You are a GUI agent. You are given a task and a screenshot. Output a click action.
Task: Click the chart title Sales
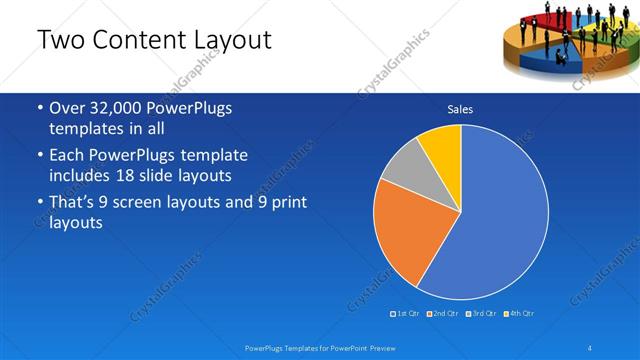click(460, 109)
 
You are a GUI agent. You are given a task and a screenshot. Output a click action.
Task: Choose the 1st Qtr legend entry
click(405, 313)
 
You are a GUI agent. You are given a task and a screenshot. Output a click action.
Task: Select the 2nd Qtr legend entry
click(443, 313)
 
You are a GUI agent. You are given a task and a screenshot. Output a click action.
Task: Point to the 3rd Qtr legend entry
click(481, 313)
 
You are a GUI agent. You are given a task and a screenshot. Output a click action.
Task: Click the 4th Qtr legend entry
click(518, 313)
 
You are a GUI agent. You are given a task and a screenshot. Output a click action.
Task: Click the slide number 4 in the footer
click(589, 347)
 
